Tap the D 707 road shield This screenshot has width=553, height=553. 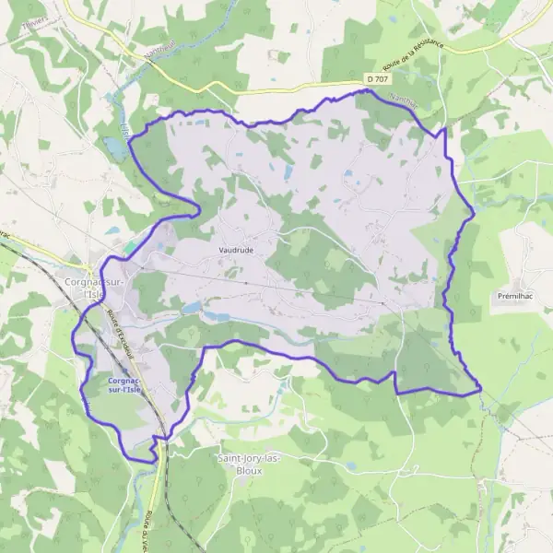[376, 80]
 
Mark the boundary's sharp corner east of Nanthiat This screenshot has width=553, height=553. [445, 130]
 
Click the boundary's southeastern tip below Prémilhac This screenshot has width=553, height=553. [481, 391]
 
